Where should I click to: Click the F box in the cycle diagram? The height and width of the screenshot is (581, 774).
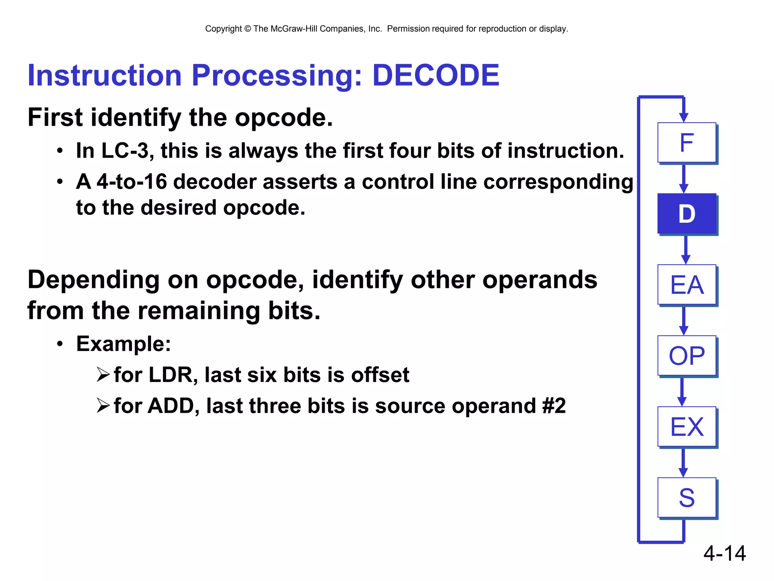pos(686,143)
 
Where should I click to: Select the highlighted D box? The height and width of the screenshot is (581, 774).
pos(686,214)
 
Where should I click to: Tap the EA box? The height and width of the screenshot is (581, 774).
pos(686,285)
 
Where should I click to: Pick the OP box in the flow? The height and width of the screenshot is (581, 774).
pos(686,356)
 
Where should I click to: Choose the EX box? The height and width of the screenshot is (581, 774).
pos(686,427)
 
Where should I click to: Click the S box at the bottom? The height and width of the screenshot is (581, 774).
pos(686,497)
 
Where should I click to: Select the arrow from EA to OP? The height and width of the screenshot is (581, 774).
pos(683,321)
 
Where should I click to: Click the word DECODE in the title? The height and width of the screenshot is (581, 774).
pos(435,75)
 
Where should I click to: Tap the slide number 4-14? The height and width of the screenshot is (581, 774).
pos(724,553)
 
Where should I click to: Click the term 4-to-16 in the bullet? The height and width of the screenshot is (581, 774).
pos(132,182)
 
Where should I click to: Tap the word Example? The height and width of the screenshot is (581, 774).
pos(123,344)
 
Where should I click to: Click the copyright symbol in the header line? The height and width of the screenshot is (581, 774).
pos(248,29)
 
